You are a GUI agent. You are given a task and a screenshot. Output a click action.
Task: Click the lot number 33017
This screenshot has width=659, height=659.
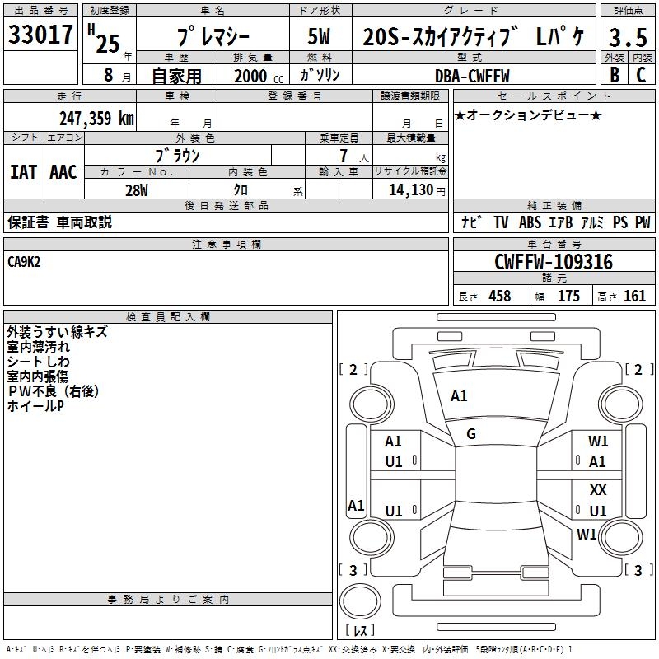coord(40,35)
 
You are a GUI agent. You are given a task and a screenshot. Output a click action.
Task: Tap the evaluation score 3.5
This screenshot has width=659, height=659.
coord(628,37)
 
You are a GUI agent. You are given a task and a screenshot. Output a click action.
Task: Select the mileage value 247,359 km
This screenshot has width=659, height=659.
coord(96,119)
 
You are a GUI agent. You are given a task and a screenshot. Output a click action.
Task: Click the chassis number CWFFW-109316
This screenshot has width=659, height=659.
coord(554,262)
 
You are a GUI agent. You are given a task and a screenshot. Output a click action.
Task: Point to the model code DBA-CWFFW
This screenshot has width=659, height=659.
coord(472,76)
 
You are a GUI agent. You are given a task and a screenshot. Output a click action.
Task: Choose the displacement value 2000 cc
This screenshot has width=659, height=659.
coord(259,76)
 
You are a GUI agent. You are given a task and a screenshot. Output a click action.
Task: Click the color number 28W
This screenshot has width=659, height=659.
coord(137,190)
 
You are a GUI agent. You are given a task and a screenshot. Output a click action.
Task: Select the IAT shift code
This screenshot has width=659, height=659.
coord(24,172)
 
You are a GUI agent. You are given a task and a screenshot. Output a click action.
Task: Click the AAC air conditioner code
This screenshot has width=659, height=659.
coord(63,172)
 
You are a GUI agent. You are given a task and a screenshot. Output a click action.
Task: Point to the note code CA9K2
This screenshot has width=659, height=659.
coord(24,262)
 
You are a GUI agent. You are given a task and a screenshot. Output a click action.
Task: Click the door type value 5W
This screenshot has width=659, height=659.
coord(319,36)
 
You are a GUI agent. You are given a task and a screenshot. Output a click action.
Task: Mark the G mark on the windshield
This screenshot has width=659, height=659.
coord(471,434)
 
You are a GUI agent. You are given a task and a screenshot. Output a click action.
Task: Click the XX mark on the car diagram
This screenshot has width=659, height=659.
coord(598,489)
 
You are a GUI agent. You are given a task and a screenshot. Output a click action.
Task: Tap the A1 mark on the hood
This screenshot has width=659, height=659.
coord(459,396)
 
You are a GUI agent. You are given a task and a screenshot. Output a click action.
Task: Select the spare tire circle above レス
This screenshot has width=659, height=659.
coord(360,601)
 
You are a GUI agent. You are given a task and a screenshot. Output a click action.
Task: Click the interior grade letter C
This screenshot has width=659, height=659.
coord(641,75)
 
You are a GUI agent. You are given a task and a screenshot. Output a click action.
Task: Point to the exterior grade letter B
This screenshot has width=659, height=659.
coord(615,75)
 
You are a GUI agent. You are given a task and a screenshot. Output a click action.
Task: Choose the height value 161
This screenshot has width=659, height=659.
coord(634,296)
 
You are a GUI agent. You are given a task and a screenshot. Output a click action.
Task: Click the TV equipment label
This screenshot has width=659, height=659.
coord(501,222)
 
